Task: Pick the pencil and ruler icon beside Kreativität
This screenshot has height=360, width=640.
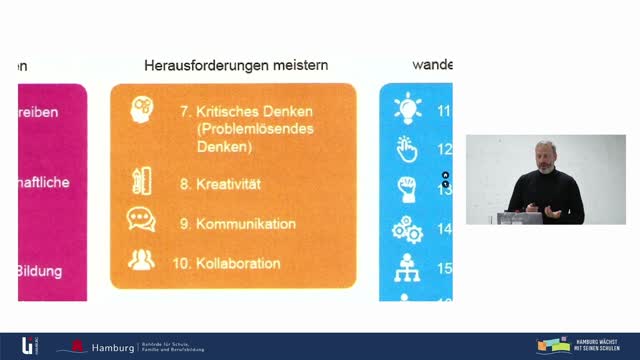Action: coord(141,183)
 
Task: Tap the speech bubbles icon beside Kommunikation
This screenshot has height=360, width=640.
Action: coord(141,221)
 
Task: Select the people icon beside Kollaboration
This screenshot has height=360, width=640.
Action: coord(141,260)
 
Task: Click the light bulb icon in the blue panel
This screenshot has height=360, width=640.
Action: coord(408,108)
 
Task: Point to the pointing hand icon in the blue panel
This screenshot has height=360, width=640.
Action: coord(407,148)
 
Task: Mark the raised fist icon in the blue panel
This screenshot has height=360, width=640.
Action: coord(407,188)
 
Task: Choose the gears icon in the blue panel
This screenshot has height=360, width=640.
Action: coord(407,229)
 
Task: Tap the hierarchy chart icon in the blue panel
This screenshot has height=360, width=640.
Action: coord(407,268)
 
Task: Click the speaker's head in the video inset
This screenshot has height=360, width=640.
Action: coord(544,155)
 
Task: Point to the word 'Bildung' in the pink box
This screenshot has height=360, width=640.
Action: coord(43,271)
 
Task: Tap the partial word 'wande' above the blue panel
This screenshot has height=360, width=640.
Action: coord(431,65)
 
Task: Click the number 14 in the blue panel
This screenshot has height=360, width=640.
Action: coord(445,229)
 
